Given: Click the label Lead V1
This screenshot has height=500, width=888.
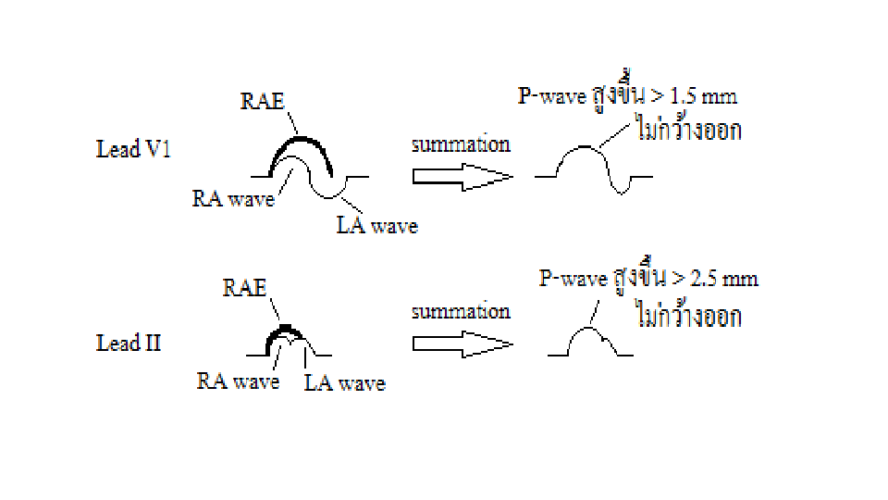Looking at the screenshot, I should click(133, 149).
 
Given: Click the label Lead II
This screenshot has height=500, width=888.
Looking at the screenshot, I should click(129, 344).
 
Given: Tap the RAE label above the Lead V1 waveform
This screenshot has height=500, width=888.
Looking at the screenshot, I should click(262, 103).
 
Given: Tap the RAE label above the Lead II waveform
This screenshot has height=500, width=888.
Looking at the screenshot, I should click(244, 287).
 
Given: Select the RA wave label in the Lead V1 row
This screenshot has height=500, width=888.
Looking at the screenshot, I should click(233, 198).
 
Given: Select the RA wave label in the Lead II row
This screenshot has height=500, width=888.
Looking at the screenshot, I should click(238, 381).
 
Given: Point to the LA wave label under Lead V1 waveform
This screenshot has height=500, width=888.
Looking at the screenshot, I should click(376, 225).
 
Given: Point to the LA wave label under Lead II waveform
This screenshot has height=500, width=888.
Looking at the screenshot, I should click(344, 382).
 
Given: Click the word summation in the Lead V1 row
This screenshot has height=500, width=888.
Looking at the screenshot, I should click(461, 144).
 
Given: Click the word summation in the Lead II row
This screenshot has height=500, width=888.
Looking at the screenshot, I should click(461, 311).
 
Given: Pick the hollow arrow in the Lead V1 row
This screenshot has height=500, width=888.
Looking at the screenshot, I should click(462, 176).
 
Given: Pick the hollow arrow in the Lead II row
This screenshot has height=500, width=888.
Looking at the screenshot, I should click(462, 344).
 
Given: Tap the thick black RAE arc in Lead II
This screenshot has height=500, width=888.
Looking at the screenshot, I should click(284, 329).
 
